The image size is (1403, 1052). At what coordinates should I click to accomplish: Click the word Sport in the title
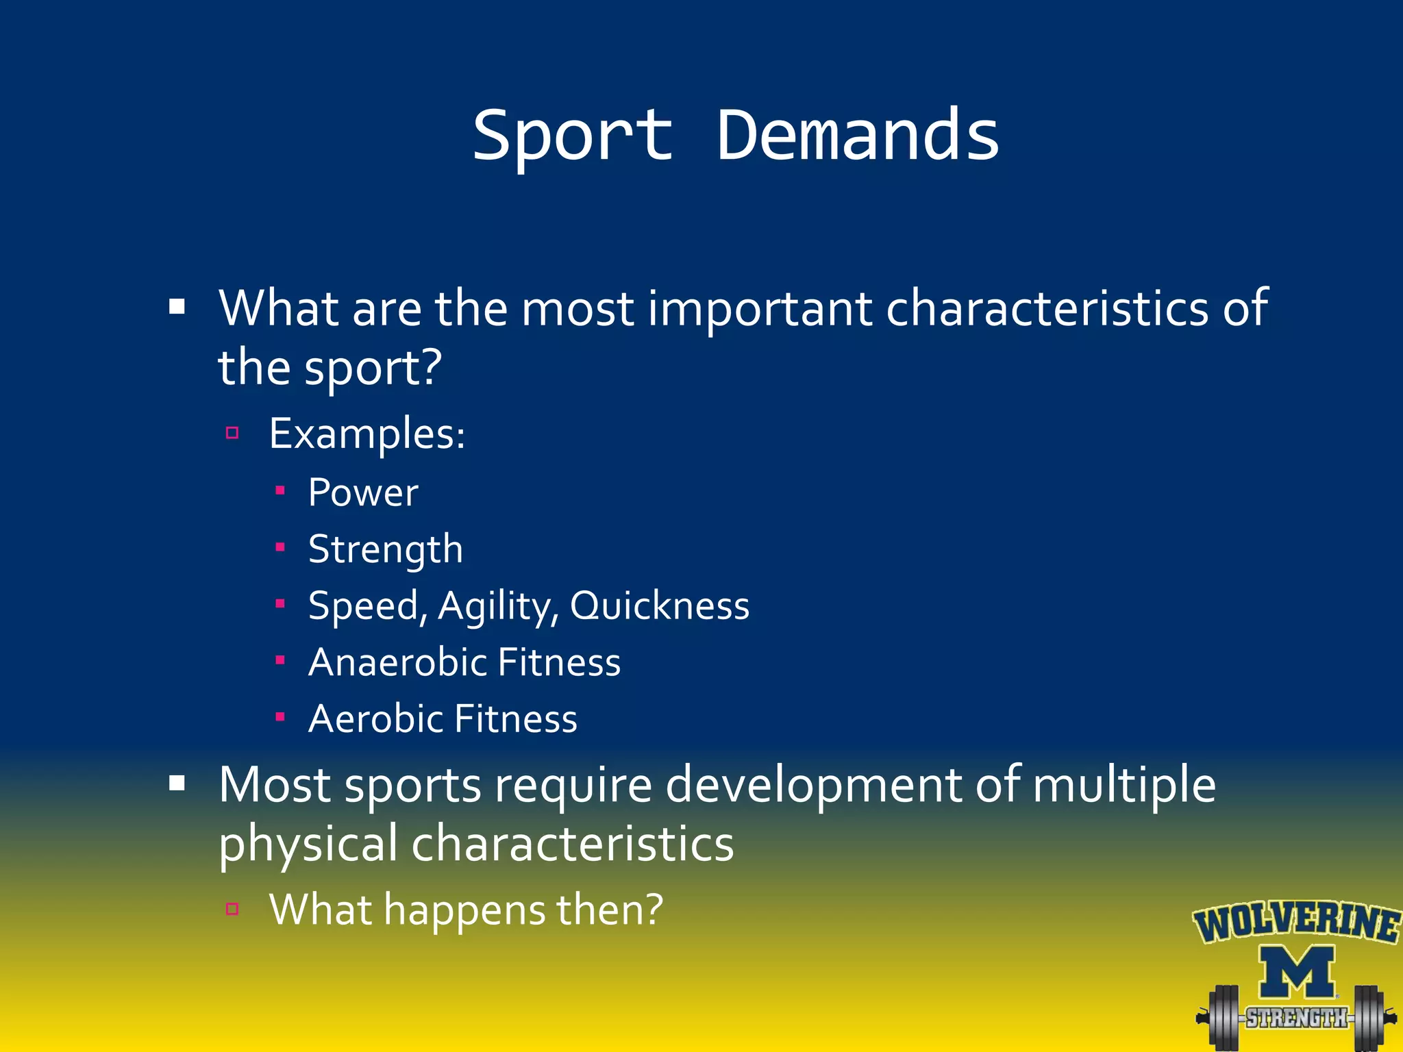pos(573,136)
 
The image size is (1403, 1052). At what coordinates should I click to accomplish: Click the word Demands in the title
pos(858,136)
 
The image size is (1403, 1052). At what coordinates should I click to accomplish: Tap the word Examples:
pos(367,434)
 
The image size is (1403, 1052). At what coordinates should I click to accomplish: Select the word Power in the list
pos(363,492)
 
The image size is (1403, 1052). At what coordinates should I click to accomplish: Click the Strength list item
pos(386,549)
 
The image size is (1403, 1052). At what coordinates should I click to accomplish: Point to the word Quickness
pos(660,605)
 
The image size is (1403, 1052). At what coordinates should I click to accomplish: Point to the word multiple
pos(1123,786)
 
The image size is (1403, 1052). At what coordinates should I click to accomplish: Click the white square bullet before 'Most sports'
pos(177,784)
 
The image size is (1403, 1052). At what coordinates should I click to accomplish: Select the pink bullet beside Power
pos(280,490)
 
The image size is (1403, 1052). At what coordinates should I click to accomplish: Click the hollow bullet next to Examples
pos(232,433)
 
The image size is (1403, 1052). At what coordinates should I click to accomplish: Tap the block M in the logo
pos(1297,972)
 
